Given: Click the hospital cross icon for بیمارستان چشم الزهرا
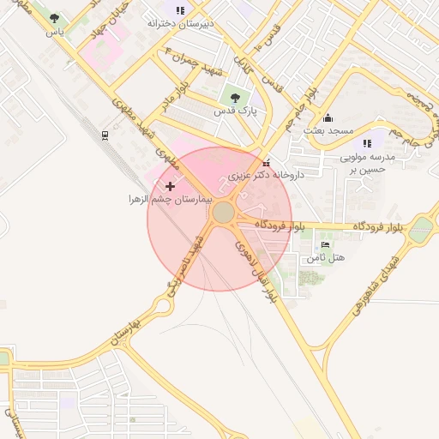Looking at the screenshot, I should pyautogui.click(x=170, y=185).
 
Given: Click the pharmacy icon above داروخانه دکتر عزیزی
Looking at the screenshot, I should pyautogui.click(x=267, y=162).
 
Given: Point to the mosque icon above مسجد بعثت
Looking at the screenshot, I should pyautogui.click(x=327, y=117).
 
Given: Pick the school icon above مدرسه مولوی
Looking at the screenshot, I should pyautogui.click(x=367, y=144).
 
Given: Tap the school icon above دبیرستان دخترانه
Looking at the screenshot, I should pyautogui.click(x=179, y=10).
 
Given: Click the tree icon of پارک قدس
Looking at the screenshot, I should pyautogui.click(x=236, y=97).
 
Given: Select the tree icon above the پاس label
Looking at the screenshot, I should pyautogui.click(x=55, y=18).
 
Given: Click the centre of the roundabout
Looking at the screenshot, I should pyautogui.click(x=224, y=212).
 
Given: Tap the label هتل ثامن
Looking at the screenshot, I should pyautogui.click(x=325, y=257).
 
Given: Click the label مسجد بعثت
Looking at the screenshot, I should pyautogui.click(x=328, y=130).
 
